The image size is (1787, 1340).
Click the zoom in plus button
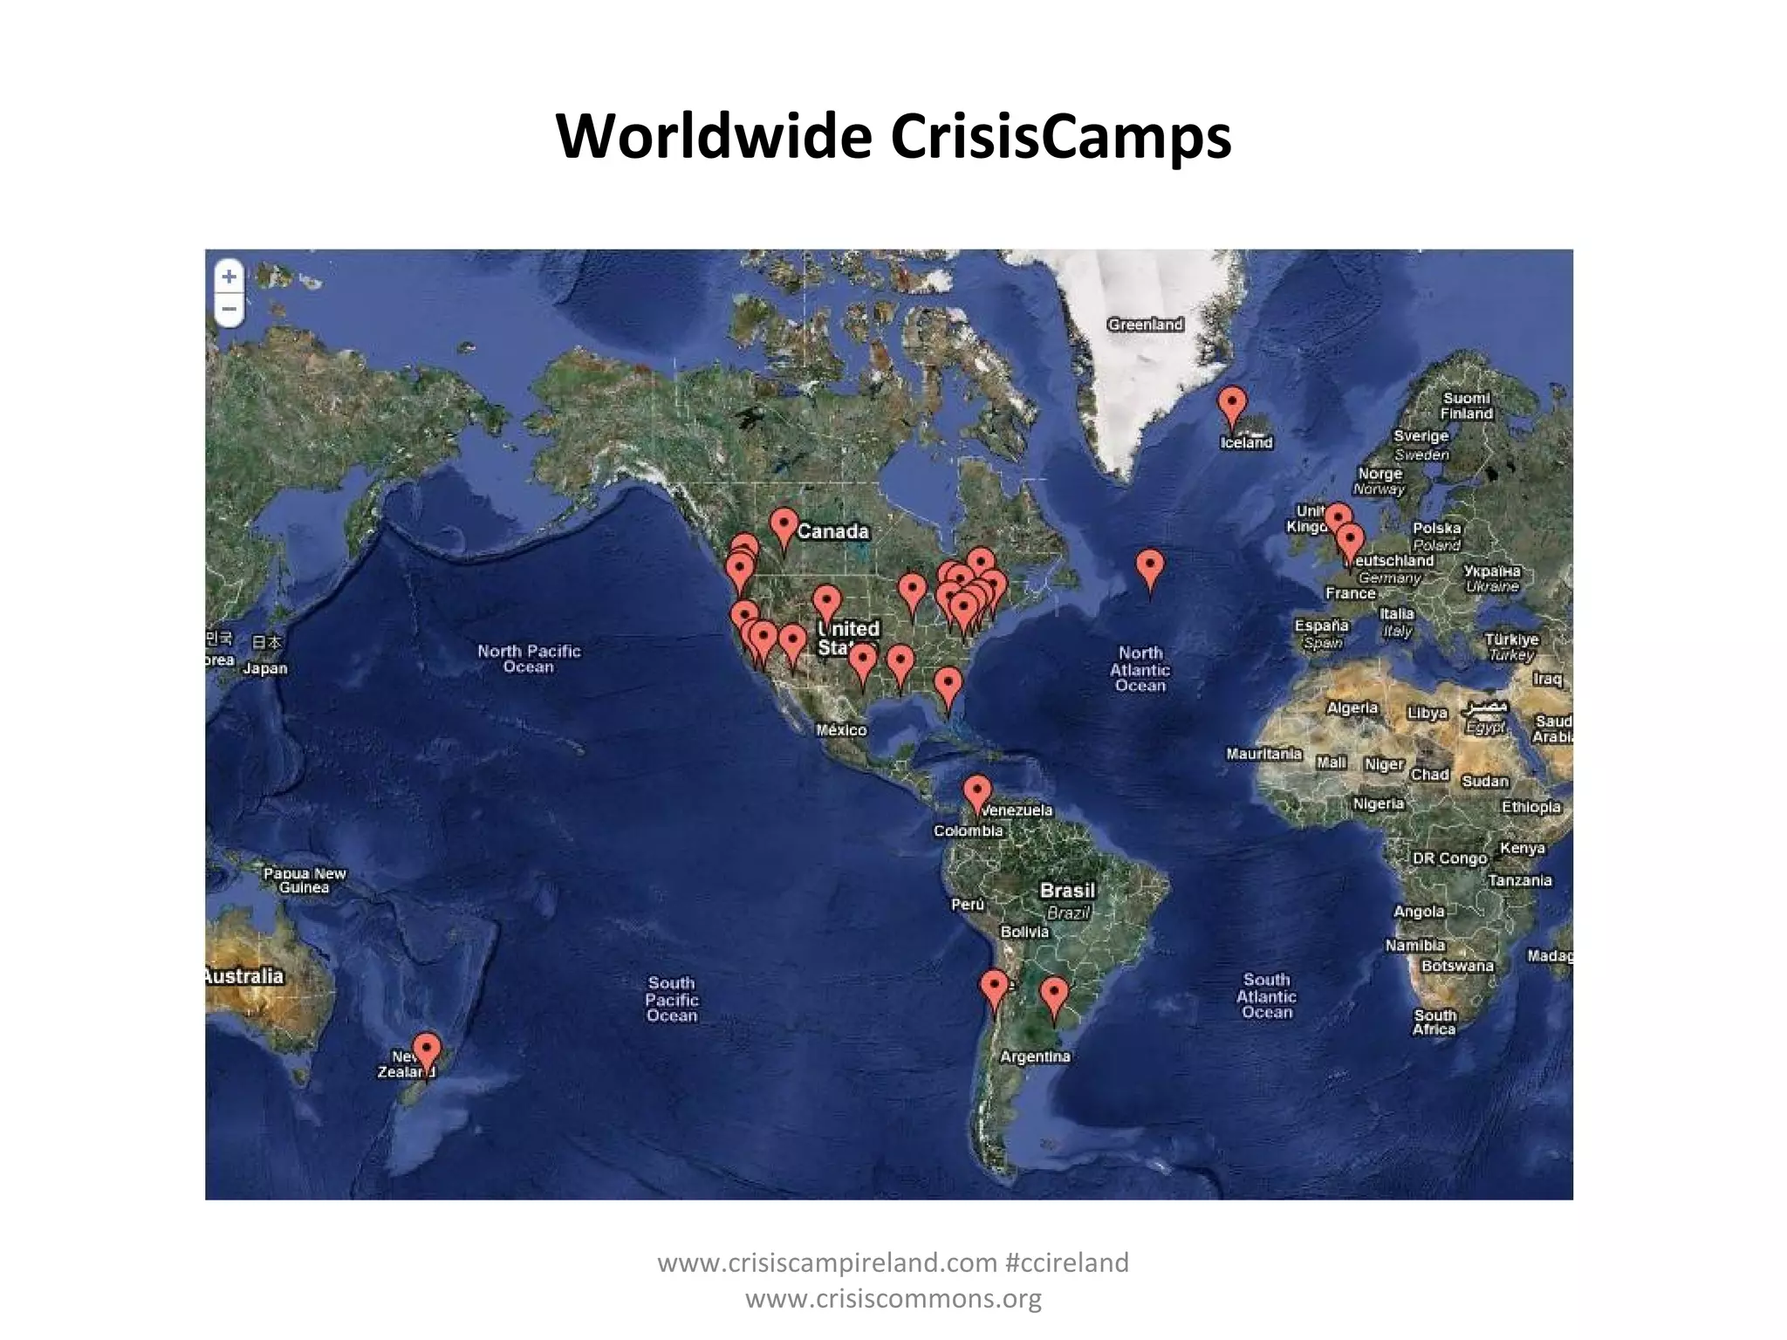pyautogui.click(x=229, y=277)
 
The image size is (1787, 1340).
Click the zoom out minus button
pyautogui.click(x=229, y=309)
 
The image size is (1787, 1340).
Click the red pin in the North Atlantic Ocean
pyautogui.click(x=1150, y=568)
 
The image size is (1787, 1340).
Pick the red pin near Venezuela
pyautogui.click(x=977, y=793)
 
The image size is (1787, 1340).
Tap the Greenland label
pyautogui.click(x=1145, y=325)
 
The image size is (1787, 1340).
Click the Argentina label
pyautogui.click(x=1035, y=1056)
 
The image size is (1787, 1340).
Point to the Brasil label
pyautogui.click(x=1067, y=891)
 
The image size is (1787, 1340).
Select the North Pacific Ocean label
pyautogui.click(x=529, y=659)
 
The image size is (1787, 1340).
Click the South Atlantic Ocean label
pyautogui.click(x=1266, y=995)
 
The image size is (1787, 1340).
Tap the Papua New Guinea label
pyautogui.click(x=305, y=880)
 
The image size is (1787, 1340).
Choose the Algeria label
pyautogui.click(x=1352, y=708)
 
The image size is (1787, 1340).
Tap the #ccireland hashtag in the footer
pyautogui.click(x=1066, y=1262)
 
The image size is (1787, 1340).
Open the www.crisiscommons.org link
pyautogui.click(x=893, y=1298)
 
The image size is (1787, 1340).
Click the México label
pyautogui.click(x=841, y=730)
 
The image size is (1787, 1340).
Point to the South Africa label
pyautogui.click(x=1434, y=1022)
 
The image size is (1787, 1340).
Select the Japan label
pyautogui.click(x=265, y=668)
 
